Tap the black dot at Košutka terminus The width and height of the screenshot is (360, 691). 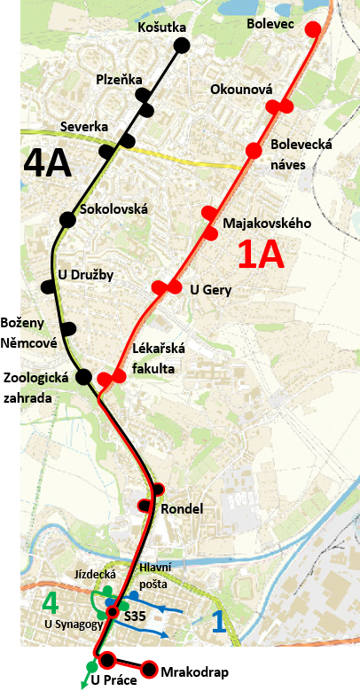[181, 45]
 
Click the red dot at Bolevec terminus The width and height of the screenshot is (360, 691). [312, 28]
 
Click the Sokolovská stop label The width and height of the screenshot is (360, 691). [113, 210]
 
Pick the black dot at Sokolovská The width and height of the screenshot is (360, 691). [67, 219]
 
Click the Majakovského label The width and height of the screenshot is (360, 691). [267, 224]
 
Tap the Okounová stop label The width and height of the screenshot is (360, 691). [241, 89]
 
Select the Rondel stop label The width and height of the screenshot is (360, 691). [183, 509]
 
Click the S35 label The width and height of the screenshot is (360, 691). [135, 615]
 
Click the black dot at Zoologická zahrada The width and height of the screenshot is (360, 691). [83, 377]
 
